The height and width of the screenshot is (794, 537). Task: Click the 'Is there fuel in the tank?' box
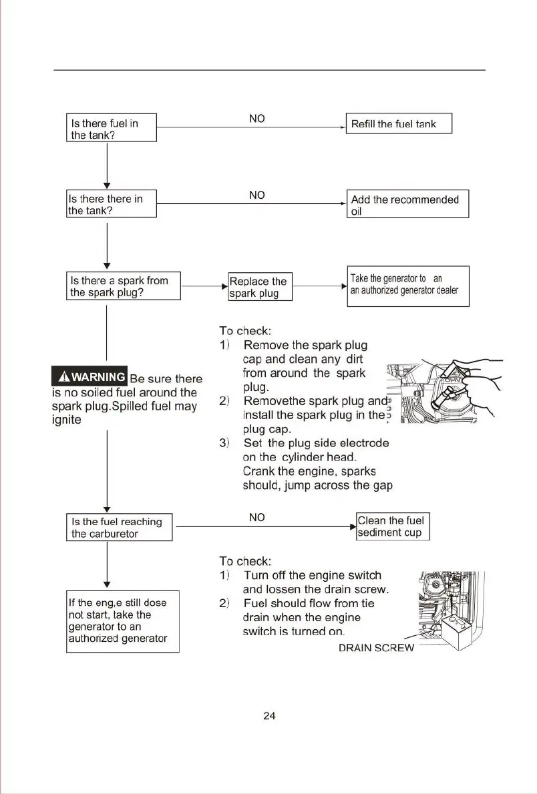(x=112, y=127)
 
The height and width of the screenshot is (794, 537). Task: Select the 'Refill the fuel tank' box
(x=399, y=123)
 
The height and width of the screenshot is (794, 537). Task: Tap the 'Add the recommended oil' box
(x=409, y=204)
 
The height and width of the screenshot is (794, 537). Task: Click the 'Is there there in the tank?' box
(x=112, y=204)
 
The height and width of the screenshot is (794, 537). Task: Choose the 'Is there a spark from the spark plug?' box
(x=124, y=286)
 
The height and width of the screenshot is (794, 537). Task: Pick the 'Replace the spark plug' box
(x=260, y=287)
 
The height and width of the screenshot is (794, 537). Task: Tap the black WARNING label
(x=89, y=377)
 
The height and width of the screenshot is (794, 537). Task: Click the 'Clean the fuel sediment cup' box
(x=393, y=526)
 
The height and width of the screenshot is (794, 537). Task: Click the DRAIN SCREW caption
(x=376, y=648)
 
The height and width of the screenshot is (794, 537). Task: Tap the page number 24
(x=269, y=716)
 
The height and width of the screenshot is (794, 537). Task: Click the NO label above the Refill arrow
(x=256, y=118)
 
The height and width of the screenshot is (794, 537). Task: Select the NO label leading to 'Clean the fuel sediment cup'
(x=256, y=517)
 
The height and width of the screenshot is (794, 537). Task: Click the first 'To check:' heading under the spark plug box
(x=246, y=330)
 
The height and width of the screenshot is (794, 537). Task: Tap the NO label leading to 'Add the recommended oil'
(x=256, y=195)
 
